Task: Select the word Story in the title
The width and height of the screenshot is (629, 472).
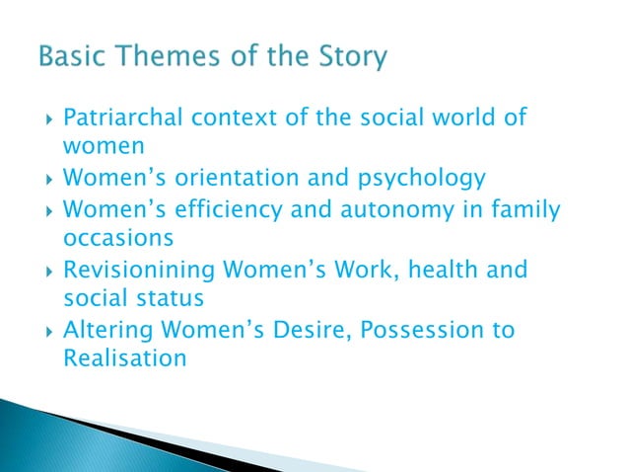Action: tap(348, 59)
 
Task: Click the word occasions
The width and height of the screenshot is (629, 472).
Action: tap(118, 239)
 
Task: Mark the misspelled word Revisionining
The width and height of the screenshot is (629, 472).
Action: tap(128, 270)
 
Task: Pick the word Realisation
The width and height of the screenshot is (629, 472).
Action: tap(124, 358)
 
